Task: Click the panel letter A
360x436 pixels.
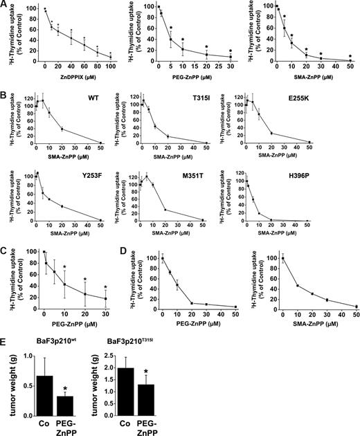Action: point(5,6)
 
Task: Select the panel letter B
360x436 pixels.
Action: point(5,91)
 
